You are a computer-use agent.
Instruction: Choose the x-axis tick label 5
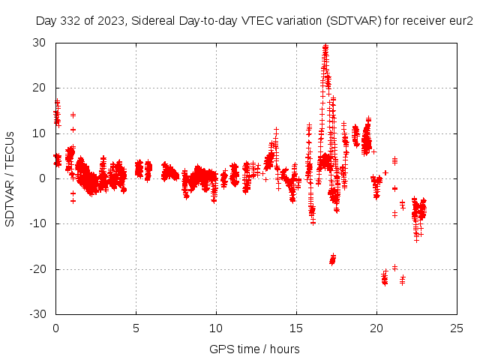coord(136,328)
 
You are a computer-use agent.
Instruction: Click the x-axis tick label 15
coord(296,328)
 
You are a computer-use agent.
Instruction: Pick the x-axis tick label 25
coord(457,328)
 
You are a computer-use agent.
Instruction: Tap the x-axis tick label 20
coord(376,328)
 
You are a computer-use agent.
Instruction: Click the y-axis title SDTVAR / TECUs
coord(10,178)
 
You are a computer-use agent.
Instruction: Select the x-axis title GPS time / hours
coord(254,349)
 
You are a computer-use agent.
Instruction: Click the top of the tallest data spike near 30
coord(325,46)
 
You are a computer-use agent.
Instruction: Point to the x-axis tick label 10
coord(216,328)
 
